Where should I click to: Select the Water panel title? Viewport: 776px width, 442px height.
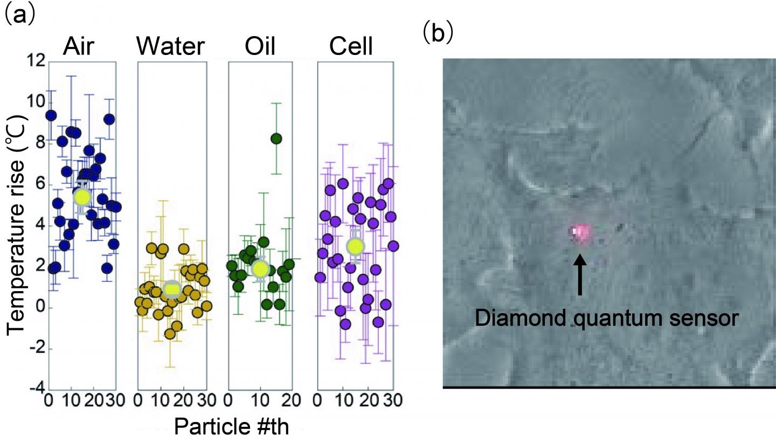coord(171,47)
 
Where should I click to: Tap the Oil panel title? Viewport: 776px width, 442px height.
coord(260,47)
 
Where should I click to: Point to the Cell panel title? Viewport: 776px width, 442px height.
coord(351,47)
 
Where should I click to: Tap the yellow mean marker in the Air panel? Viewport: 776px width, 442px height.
coord(82,197)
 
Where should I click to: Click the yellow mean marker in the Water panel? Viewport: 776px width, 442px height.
coord(172,289)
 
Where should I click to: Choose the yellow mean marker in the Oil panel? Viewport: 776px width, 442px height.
coord(260,268)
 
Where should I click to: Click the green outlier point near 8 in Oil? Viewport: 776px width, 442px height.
coord(276,139)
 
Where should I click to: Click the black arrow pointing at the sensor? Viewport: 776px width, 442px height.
coord(580,275)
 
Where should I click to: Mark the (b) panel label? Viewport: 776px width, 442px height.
coord(438,32)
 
